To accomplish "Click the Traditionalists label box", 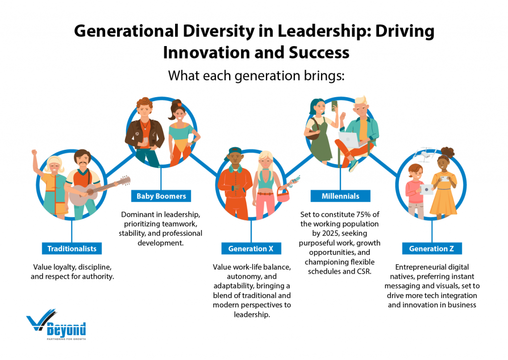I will coord(71,248).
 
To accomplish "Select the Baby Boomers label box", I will coord(161,196).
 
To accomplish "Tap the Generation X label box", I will coord(251,248).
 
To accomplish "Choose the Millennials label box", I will coord(340,196).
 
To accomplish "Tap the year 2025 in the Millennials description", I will coord(328,234).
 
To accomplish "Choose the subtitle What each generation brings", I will coord(254,76).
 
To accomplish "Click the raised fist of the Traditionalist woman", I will coord(35,154).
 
